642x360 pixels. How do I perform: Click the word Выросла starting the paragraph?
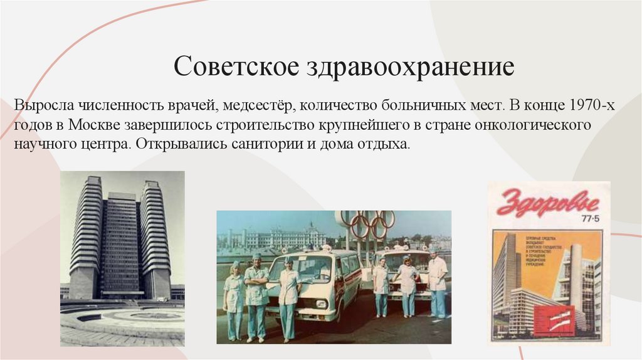tap(43, 104)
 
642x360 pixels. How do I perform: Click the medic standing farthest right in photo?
tap(438, 282)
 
